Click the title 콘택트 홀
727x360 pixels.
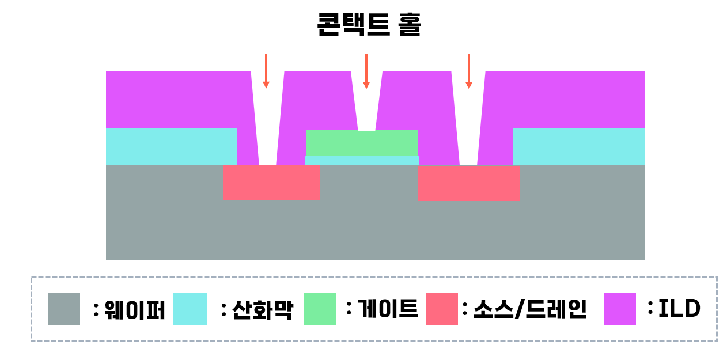[369, 24]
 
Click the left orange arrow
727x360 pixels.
[266, 70]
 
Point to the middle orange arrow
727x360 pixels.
[366, 71]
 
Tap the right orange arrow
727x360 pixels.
[469, 71]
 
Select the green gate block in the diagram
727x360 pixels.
[362, 143]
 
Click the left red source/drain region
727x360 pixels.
[271, 183]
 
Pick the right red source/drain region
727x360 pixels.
[469, 183]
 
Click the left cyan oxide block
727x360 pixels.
[172, 146]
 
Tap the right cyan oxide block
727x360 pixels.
[579, 146]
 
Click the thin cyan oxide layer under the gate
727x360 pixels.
[362, 160]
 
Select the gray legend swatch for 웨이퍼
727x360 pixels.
[64, 309]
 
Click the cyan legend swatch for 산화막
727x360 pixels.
[190, 309]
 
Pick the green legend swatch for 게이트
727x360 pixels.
[320, 309]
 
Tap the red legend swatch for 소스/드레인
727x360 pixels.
[442, 309]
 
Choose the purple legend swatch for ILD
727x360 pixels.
[620, 309]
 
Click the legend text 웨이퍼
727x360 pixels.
[134, 310]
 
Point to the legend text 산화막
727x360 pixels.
[262, 310]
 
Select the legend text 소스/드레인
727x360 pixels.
[529, 310]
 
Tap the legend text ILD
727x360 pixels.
[679, 309]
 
